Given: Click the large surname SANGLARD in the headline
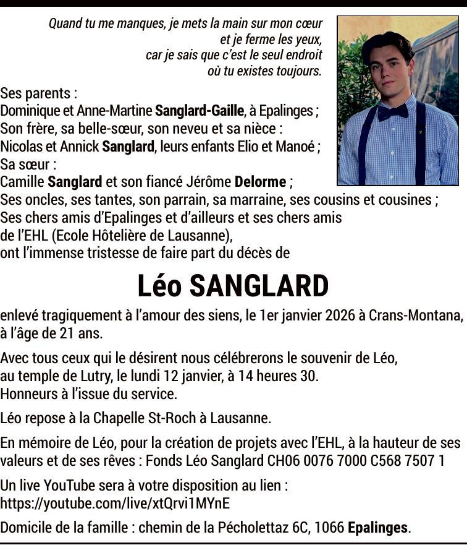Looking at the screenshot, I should coord(259,286).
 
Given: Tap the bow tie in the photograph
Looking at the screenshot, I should coord(393,112).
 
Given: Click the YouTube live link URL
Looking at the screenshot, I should coord(115,503).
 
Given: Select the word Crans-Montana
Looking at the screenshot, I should coord(416,315).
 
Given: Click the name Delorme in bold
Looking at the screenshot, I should coord(260,182).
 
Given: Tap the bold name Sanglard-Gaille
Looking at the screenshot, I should coord(200,111).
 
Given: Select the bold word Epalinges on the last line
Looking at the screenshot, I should coord(377,528).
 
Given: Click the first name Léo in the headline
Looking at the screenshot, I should coord(159,286).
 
